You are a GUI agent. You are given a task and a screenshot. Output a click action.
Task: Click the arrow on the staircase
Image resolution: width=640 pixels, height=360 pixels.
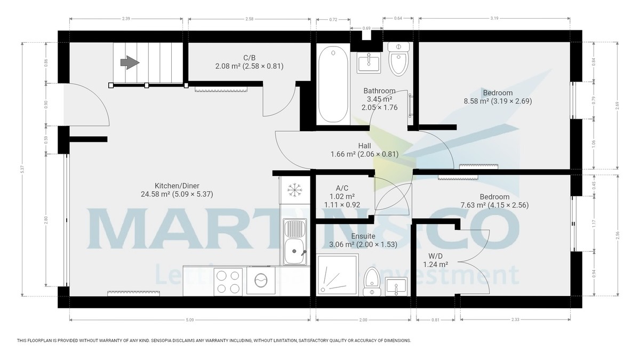click(130, 63)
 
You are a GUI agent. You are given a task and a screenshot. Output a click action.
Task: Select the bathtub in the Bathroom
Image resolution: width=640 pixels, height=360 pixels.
click(333, 85)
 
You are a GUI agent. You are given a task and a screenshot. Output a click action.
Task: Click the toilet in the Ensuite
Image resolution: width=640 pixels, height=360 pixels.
click(372, 282)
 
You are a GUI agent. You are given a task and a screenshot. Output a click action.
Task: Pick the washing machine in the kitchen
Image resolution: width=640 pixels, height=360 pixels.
click(262, 281)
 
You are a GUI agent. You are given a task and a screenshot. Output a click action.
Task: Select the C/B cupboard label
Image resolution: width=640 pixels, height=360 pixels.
click(249, 58)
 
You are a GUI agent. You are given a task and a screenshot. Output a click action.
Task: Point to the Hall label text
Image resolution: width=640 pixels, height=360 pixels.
click(364, 146)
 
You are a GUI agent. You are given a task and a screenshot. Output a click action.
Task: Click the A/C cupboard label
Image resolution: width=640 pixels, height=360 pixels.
click(342, 188)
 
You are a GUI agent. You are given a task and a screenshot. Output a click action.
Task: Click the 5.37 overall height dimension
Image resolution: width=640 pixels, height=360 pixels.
click(22, 169)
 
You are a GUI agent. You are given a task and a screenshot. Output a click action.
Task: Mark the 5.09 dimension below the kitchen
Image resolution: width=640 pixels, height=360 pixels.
click(190, 320)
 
